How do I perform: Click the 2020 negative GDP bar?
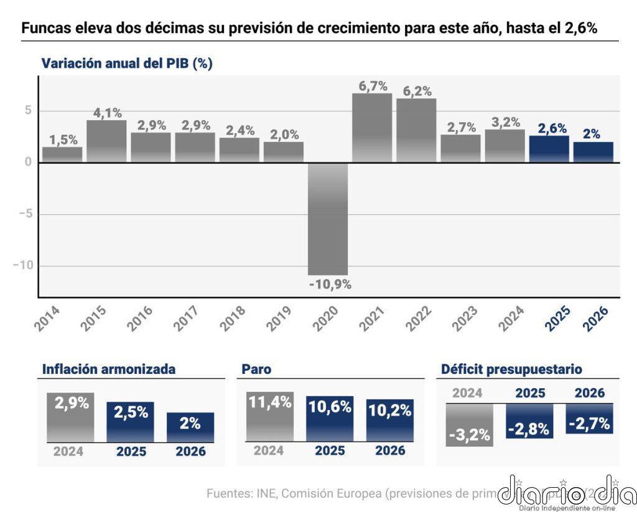pos(328,218)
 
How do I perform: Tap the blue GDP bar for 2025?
pos(549,149)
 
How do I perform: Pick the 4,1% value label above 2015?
pos(108,113)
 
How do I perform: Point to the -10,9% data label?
pos(330,284)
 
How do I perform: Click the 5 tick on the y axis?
pos(28,111)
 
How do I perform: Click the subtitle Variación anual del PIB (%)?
pos(127,63)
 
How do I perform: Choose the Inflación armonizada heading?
pos(109,369)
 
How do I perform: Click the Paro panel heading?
pos(256,369)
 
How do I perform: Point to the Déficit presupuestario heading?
pos(511,369)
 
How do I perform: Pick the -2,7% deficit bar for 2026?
pos(589,419)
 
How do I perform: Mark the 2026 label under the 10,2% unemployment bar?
pos(389,450)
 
